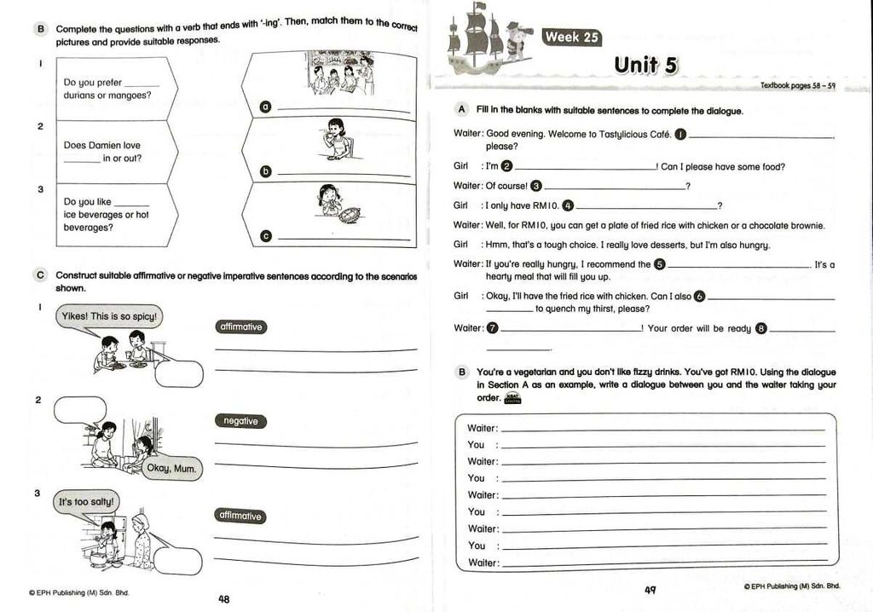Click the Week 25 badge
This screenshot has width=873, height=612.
572,37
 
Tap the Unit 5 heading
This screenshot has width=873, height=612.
645,65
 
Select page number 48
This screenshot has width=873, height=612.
223,598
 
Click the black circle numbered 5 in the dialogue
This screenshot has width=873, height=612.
659,264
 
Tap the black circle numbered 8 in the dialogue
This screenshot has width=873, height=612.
761,328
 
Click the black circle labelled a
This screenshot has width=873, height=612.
265,107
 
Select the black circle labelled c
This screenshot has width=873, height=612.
265,236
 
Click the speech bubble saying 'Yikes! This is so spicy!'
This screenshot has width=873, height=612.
109,316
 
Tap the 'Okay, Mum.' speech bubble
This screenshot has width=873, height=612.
171,468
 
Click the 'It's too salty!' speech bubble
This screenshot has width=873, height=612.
85,502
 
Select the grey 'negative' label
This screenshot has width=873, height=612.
240,421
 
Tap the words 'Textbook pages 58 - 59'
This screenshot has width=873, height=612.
798,86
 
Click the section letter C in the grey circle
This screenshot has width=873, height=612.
40,275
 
